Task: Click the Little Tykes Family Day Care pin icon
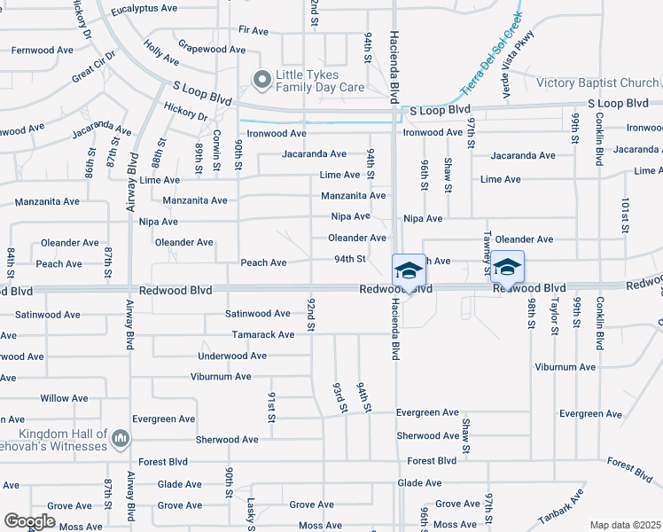[x=261, y=81]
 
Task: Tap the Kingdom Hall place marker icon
[x=121, y=438]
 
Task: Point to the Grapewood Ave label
[x=211, y=50]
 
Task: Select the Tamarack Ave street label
[x=263, y=335]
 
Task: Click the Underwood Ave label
[x=232, y=356]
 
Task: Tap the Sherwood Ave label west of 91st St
[x=227, y=439]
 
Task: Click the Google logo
[x=29, y=521]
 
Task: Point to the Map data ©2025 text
[x=624, y=525]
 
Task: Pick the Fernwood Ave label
[x=42, y=51]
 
